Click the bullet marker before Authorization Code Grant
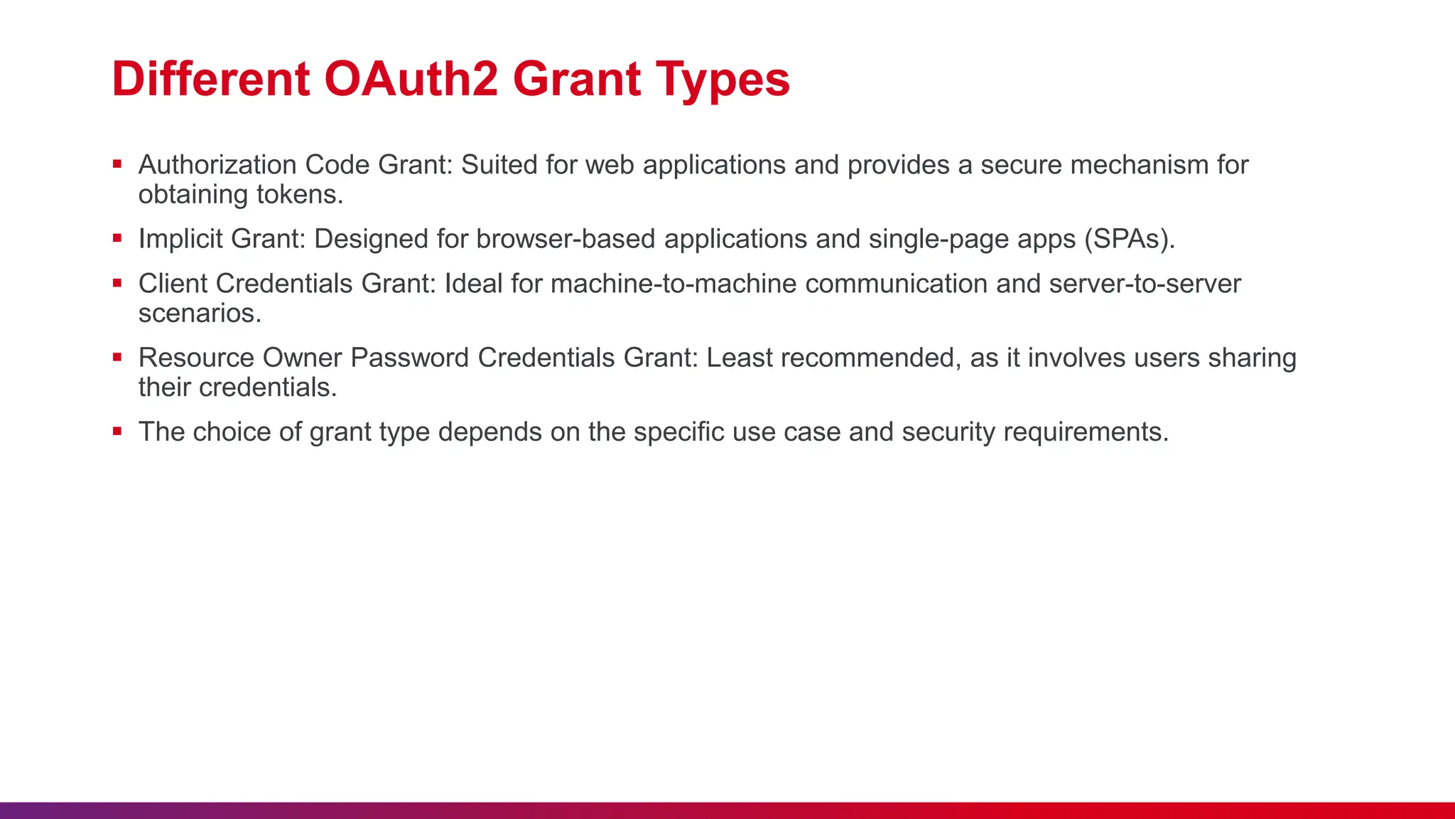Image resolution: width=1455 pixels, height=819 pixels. (117, 164)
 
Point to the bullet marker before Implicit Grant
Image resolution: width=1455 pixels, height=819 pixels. (117, 238)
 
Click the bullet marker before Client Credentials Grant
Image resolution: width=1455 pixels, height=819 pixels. (117, 283)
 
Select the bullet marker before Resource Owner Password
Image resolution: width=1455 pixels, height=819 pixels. (117, 357)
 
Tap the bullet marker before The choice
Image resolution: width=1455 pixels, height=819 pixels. (117, 431)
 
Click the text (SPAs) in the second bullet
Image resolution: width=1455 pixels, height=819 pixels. (1128, 239)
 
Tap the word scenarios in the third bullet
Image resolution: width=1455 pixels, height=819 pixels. (200, 314)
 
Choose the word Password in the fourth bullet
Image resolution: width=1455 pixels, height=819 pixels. (409, 358)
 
